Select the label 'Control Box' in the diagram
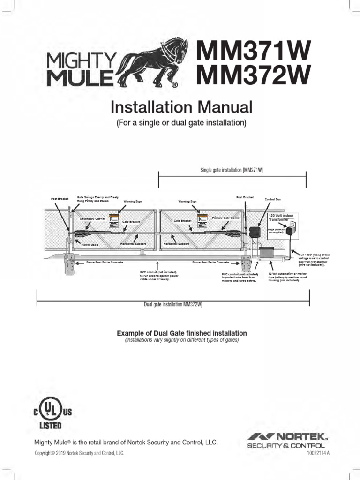273,200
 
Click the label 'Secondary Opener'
92,219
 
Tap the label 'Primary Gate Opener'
226,218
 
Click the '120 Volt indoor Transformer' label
280,216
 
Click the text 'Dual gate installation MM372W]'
172,305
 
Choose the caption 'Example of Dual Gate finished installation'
181,333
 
